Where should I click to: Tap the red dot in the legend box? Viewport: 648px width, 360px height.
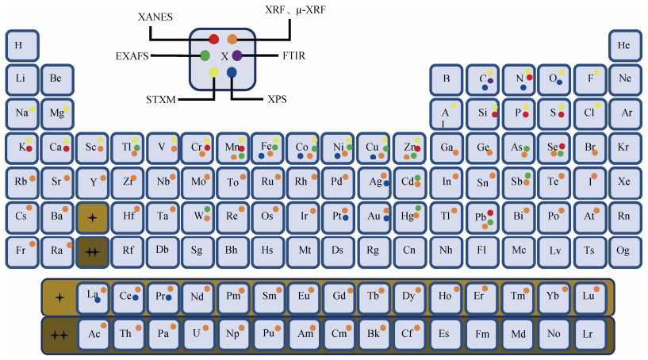pos(213,39)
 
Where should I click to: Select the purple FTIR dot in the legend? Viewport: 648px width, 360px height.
pos(237,55)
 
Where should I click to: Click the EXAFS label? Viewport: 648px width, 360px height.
pos(132,56)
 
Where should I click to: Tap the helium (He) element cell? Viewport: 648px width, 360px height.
pos(625,44)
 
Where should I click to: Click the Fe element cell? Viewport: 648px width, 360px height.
pos(267,147)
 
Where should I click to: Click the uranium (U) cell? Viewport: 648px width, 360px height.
pos(198,334)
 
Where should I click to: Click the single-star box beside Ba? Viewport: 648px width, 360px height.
pos(92,216)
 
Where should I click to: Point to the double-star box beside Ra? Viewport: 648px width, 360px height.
pos(92,251)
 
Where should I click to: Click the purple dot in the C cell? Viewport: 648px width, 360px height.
pos(491,80)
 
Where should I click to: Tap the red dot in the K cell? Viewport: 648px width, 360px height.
pos(29,148)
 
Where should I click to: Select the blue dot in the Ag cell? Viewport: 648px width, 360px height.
pos(386,183)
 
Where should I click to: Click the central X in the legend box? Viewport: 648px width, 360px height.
pos(224,56)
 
